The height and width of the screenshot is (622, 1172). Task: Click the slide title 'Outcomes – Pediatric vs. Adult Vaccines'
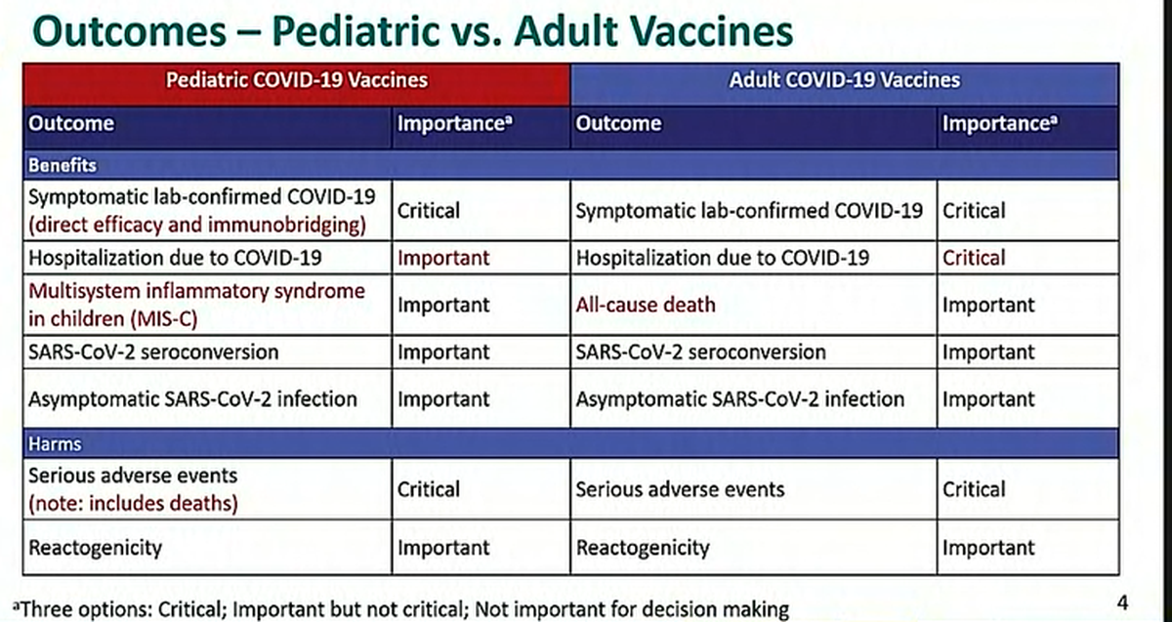pyautogui.click(x=412, y=31)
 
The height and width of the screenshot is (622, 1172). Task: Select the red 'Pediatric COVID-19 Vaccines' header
pyautogui.click(x=297, y=81)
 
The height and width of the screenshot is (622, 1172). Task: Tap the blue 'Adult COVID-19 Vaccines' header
pyautogui.click(x=844, y=80)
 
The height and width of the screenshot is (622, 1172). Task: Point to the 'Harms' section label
pyautogui.click(x=55, y=444)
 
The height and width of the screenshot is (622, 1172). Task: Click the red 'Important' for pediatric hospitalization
pyautogui.click(x=442, y=259)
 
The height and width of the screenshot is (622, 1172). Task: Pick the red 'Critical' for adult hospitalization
pyautogui.click(x=973, y=259)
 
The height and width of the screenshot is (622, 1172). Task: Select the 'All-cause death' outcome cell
pyautogui.click(x=646, y=305)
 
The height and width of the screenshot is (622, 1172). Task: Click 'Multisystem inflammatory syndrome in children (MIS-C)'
pyautogui.click(x=196, y=304)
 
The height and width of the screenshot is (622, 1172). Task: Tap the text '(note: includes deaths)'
pyautogui.click(x=134, y=503)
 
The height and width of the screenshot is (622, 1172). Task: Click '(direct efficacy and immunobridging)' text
pyautogui.click(x=197, y=225)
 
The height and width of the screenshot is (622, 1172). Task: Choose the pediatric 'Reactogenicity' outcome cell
pyautogui.click(x=95, y=548)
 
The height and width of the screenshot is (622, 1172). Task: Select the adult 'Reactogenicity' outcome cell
pyautogui.click(x=643, y=548)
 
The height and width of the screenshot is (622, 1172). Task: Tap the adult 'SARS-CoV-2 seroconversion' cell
pyautogui.click(x=700, y=352)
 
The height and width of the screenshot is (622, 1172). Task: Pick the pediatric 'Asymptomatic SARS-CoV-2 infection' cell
pyautogui.click(x=192, y=399)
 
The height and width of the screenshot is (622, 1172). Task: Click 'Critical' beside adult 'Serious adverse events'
pyautogui.click(x=973, y=490)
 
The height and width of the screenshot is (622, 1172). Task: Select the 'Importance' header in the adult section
pyautogui.click(x=1000, y=124)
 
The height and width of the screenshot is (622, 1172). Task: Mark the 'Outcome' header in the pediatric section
pyautogui.click(x=71, y=124)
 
